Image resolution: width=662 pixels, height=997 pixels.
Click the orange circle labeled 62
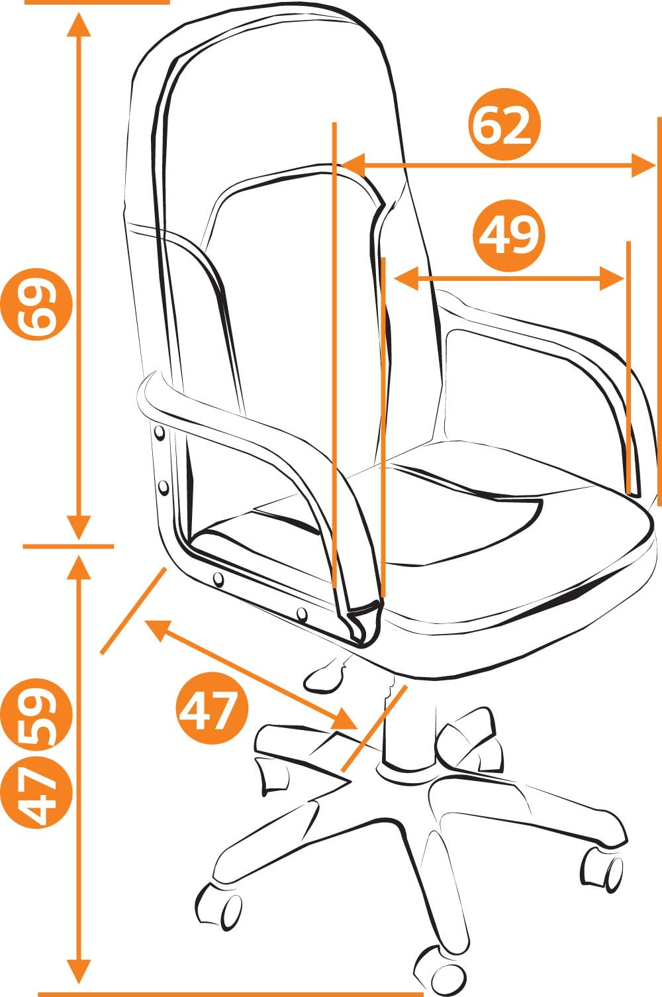pyautogui.click(x=504, y=125)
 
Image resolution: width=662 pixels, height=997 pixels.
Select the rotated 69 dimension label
pyautogui.click(x=36, y=305)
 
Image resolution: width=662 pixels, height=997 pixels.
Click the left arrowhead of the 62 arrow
pyautogui.click(x=354, y=165)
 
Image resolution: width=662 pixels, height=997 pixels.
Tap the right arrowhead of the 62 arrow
pyautogui.click(x=643, y=165)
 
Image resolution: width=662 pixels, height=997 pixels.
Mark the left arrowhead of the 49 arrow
pyautogui.click(x=406, y=279)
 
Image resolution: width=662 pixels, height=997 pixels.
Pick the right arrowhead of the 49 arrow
pyautogui.click(x=612, y=279)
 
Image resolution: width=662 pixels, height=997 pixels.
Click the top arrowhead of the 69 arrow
pyautogui.click(x=79, y=25)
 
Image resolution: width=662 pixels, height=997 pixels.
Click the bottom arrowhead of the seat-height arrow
pyautogui.click(x=79, y=972)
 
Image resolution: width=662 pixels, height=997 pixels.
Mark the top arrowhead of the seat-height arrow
pyautogui.click(x=79, y=567)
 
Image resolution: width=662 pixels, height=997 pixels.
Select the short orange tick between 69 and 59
pyautogui.click(x=68, y=546)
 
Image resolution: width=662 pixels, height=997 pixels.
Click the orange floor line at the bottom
pyautogui.click(x=230, y=994)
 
